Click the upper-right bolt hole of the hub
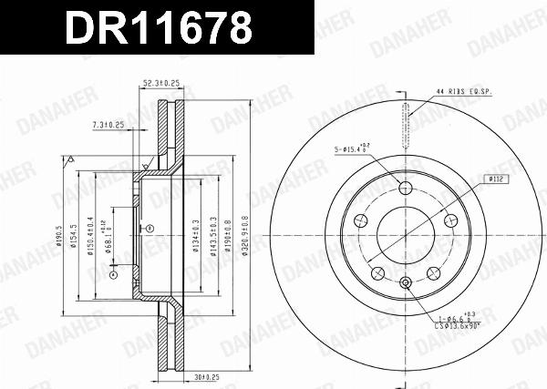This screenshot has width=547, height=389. coord(449,220)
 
